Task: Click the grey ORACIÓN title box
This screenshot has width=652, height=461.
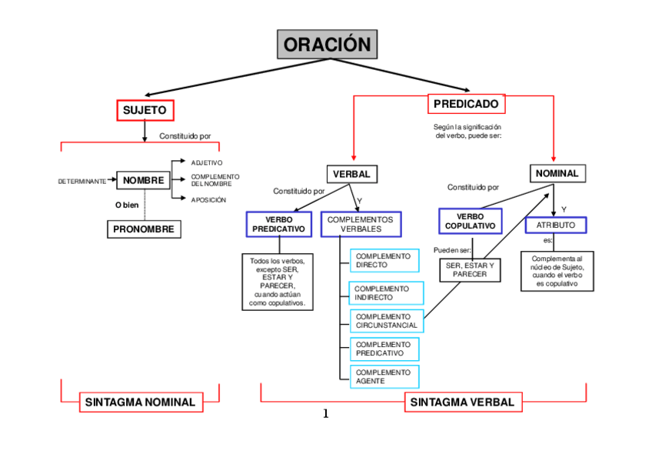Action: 327,45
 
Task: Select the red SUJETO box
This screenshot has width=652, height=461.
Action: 145,111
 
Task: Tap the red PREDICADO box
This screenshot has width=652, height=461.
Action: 465,104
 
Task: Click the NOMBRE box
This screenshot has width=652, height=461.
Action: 144,181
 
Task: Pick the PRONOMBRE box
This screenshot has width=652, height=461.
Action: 144,229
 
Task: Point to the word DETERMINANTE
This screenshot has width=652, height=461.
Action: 82,182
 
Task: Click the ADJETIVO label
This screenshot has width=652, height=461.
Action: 207,162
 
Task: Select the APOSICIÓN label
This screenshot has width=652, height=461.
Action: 208,199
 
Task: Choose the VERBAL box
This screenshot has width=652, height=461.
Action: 352,174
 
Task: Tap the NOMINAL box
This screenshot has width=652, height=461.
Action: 557,173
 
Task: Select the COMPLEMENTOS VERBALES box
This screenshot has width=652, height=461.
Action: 360,224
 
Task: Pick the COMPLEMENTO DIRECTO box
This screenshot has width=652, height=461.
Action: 384,260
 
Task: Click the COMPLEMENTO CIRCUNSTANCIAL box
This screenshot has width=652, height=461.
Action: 386,321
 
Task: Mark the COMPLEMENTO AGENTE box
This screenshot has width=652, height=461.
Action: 384,376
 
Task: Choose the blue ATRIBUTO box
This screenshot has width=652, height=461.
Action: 556,225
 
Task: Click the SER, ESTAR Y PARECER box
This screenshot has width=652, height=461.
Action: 470,269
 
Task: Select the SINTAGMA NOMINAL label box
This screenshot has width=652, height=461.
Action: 140,402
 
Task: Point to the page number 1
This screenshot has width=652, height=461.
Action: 325,414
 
